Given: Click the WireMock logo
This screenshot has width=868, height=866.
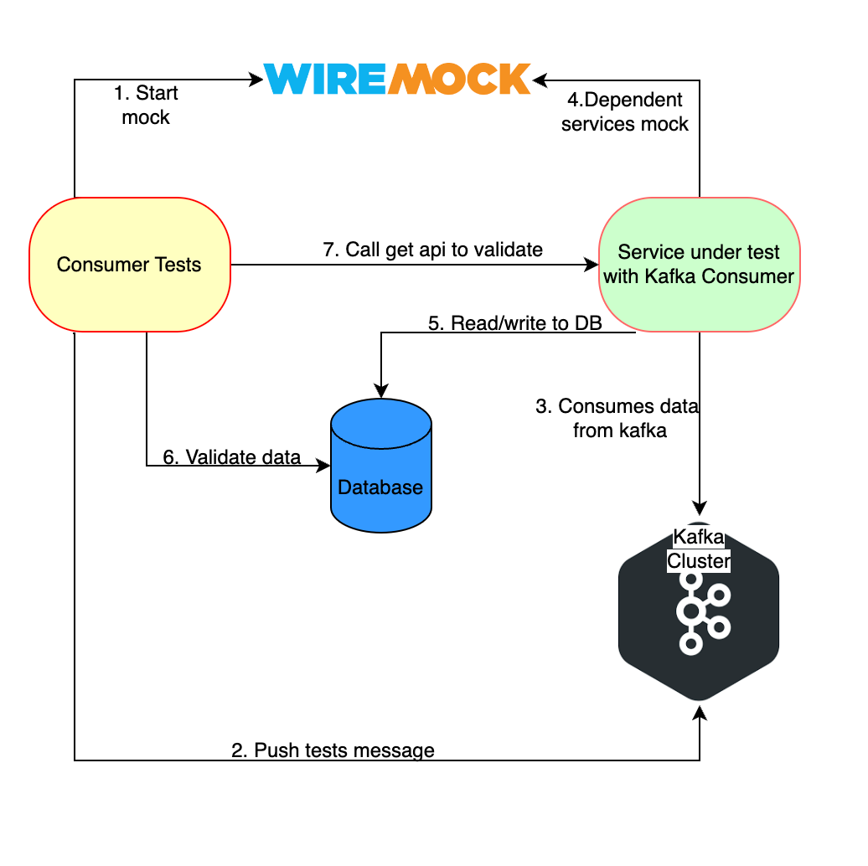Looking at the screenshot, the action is click(x=397, y=79).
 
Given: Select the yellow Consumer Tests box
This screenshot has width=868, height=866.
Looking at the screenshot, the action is click(x=130, y=265).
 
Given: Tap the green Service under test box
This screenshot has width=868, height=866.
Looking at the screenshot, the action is click(x=699, y=265).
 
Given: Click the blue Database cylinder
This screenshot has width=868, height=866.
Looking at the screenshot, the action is click(x=381, y=466).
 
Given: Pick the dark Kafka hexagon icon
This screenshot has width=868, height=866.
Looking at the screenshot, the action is click(x=699, y=611).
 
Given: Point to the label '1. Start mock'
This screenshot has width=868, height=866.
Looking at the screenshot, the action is click(x=146, y=105).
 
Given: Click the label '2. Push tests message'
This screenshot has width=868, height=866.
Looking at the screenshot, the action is click(x=333, y=750).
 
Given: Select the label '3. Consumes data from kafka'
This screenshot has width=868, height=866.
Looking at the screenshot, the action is click(x=617, y=418).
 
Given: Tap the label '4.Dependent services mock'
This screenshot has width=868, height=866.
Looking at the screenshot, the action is click(x=625, y=111).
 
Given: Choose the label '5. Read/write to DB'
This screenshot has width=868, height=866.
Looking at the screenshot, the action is click(x=514, y=322).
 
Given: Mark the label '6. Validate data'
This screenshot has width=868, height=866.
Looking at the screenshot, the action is click(x=231, y=456).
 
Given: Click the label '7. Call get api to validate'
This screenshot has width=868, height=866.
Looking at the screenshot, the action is click(x=432, y=250).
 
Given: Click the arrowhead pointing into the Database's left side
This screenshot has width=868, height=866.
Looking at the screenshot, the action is click(x=323, y=466).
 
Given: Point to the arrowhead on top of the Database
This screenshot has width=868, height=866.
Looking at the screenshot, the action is click(x=381, y=390).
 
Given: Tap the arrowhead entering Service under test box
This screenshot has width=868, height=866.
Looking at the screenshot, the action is click(x=592, y=265).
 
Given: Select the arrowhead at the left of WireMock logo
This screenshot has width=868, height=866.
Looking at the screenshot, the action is click(x=256, y=80).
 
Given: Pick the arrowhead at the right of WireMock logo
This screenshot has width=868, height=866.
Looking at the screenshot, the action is click(x=540, y=80).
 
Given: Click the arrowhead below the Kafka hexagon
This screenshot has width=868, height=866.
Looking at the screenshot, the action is click(x=700, y=714).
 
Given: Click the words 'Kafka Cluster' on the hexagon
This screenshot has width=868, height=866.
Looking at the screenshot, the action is click(x=699, y=549).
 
